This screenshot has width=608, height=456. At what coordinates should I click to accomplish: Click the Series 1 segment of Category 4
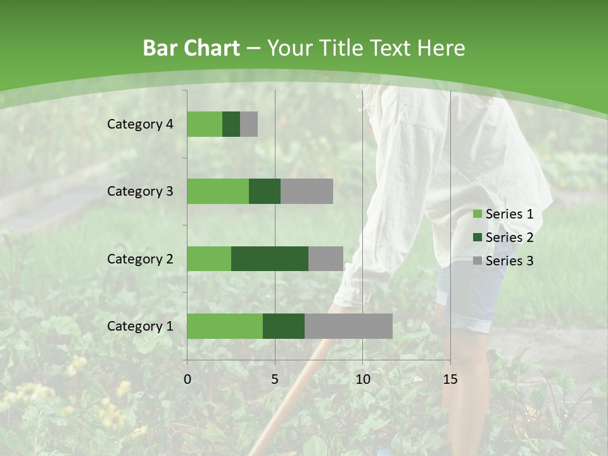205,124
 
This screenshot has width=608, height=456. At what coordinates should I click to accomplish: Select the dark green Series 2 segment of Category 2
270,258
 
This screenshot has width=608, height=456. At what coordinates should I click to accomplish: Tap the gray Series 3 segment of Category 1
348,326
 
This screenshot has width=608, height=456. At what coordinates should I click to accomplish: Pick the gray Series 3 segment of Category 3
307,191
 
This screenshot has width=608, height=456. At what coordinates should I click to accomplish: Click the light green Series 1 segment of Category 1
225,326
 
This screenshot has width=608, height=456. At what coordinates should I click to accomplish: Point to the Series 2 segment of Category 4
231,124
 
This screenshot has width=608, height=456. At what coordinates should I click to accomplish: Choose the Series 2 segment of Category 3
265,191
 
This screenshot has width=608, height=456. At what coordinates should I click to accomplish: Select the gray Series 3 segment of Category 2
326,258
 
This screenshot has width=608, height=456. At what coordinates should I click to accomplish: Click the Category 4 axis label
140,124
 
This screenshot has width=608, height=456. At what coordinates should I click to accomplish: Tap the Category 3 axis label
140,191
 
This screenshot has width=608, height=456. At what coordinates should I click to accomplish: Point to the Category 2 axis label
140,259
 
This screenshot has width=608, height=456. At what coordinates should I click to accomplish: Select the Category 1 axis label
140,326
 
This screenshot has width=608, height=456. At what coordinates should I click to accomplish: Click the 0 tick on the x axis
187,379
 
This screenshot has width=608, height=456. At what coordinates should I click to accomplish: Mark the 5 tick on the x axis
275,379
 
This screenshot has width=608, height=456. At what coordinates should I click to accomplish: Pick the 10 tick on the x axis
362,379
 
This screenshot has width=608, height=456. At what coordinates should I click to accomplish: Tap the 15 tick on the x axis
450,379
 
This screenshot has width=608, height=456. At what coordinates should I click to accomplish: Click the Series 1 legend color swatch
477,214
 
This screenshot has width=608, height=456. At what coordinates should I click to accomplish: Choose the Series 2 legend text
509,237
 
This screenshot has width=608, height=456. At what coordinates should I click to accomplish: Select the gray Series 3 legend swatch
477,261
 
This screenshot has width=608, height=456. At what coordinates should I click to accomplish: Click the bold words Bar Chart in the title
191,48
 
